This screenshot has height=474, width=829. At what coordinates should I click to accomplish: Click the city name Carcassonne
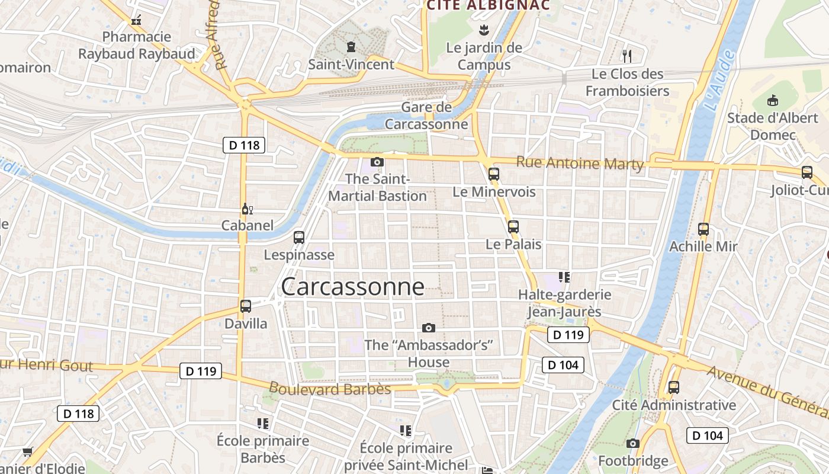353,287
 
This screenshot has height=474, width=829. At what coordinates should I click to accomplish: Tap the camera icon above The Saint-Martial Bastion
377,162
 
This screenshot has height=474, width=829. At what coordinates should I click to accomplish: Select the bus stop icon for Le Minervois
494,174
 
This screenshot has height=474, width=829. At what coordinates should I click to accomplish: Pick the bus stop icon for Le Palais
513,226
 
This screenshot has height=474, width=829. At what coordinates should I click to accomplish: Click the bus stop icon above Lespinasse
299,238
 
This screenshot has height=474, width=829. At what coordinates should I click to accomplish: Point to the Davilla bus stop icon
246,306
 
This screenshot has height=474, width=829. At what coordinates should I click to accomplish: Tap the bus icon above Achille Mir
703,229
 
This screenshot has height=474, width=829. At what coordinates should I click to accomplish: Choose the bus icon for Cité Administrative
674,387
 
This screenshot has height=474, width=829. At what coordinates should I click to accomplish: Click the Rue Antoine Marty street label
580,163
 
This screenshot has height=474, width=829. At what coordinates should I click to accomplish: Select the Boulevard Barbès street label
330,389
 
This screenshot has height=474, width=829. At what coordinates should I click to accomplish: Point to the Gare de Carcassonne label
426,116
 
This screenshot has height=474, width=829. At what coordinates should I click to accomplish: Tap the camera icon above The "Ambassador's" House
429,328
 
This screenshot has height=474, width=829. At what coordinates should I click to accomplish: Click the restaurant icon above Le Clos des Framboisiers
627,56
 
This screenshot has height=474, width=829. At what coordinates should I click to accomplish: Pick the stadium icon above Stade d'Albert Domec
773,101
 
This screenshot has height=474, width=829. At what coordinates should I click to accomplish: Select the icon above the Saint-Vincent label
351,47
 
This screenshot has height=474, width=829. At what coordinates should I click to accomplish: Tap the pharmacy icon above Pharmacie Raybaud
136,20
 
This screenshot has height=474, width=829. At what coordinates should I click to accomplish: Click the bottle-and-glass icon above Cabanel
247,209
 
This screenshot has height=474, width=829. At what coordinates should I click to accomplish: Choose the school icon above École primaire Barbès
263,423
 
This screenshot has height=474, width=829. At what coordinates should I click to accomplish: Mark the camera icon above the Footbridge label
632,443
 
